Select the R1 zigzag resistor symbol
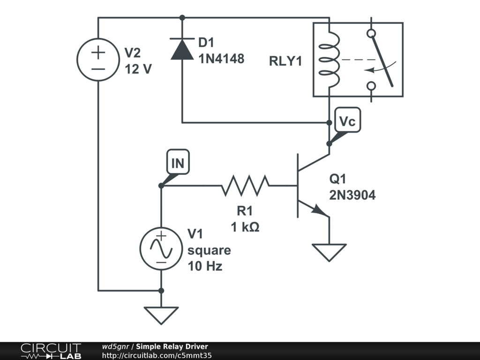[245, 186]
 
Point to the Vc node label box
[348, 120]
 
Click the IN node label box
[178, 162]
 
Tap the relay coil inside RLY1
[330, 60]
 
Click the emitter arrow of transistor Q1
[319, 210]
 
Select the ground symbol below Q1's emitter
[329, 252]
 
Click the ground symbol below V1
[161, 315]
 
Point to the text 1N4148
[221, 59]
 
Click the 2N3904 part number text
[352, 195]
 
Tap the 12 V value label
[138, 69]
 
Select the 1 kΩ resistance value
[245, 227]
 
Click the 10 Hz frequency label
[205, 266]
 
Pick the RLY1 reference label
[285, 61]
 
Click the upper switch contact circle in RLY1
[371, 33]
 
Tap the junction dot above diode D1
[182, 18]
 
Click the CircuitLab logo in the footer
[51, 351]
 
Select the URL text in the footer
[157, 355]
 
